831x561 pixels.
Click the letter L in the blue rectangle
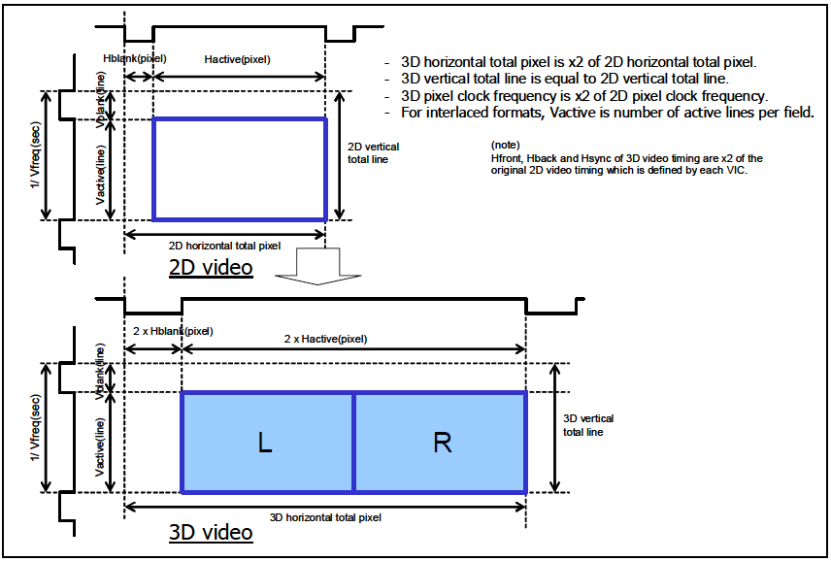pos(264,443)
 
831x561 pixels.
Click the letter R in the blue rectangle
pos(442,443)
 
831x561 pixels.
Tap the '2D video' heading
pos(211,267)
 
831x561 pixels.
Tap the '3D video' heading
pos(211,532)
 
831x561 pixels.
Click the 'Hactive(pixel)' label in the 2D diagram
pos(237,59)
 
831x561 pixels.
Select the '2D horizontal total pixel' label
pos(224,246)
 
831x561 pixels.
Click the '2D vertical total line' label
pos(373,153)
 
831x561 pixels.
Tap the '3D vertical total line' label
pos(588,425)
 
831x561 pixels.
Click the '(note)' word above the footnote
pos(508,144)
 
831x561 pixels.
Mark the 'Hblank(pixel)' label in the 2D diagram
pos(134,59)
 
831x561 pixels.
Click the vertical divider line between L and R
pos(353,443)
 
